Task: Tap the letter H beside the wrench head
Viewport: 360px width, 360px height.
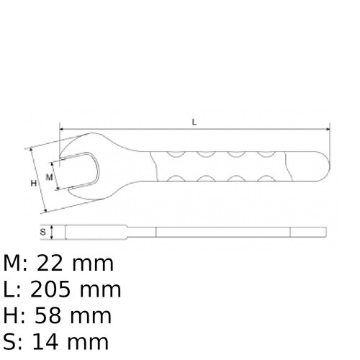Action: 33,184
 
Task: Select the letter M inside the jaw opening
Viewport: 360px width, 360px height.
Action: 50,176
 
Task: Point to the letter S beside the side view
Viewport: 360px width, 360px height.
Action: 43,233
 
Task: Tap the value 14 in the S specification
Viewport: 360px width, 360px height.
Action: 50,341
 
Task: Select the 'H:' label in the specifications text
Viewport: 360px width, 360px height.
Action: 15,315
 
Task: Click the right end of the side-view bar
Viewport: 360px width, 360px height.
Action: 325,233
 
